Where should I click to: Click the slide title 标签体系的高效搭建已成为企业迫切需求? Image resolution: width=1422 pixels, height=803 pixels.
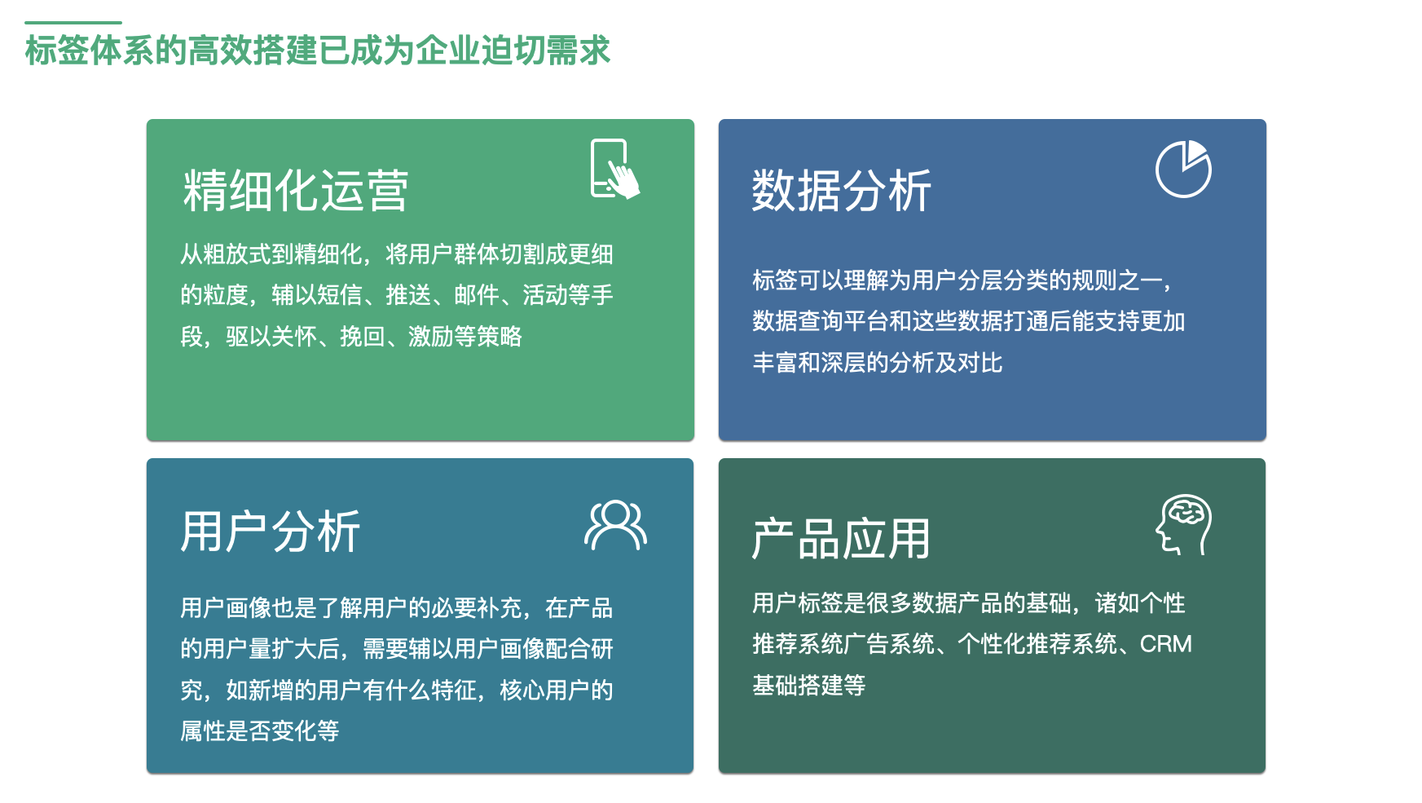pos(317,51)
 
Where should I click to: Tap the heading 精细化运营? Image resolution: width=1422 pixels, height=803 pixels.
pos(295,192)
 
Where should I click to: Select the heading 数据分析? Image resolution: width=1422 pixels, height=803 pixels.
pos(841,192)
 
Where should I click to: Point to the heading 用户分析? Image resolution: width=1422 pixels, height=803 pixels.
pos(270,532)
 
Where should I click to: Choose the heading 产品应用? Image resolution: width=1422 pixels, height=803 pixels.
pos(840,539)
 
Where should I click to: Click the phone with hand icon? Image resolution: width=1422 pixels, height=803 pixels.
pos(614,169)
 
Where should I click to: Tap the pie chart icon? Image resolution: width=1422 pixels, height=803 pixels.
pos(1183,169)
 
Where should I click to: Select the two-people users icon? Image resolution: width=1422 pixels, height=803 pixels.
pos(615,526)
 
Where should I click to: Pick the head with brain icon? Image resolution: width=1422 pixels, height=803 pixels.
pos(1183,525)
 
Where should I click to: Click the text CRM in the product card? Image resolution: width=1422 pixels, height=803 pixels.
pos(1165,644)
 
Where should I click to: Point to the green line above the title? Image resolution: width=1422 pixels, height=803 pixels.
pos(73,22)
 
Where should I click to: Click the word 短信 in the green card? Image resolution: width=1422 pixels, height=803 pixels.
pos(339,295)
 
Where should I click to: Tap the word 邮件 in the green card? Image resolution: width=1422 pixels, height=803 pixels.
pos(476,295)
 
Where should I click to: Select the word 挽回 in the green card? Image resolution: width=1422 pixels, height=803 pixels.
pos(362,337)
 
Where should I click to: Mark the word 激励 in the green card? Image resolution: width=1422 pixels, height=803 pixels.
pos(430,337)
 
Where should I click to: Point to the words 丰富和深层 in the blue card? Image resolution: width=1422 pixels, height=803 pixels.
pos(808,363)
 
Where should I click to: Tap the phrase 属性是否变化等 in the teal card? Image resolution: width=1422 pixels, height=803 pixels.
pos(259,731)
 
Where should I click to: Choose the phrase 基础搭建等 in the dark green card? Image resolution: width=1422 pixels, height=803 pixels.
pos(808,686)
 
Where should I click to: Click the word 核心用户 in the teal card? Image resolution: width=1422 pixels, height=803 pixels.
pos(544,690)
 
